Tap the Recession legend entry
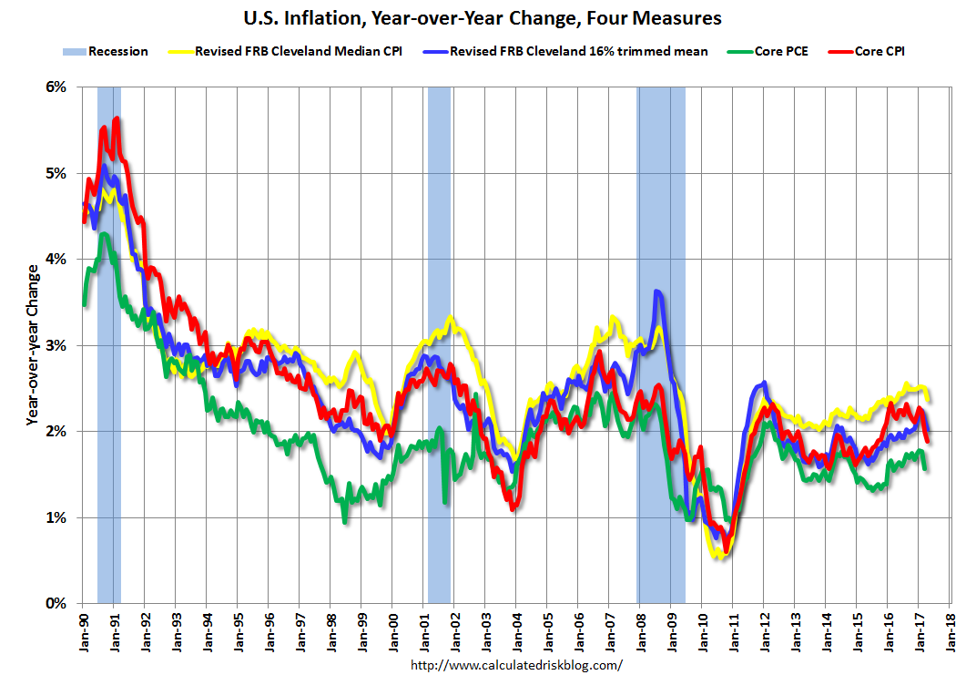pyautogui.click(x=118, y=52)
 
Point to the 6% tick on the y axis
pyautogui.click(x=56, y=87)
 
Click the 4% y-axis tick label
pyautogui.click(x=56, y=260)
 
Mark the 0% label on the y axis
pyautogui.click(x=56, y=603)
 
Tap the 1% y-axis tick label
pyautogui.click(x=56, y=517)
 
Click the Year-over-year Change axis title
pyautogui.click(x=33, y=345)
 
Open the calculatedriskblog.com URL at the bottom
pyautogui.click(x=516, y=665)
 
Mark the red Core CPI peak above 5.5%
pyautogui.click(x=117, y=119)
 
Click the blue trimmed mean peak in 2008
pyautogui.click(x=657, y=292)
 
